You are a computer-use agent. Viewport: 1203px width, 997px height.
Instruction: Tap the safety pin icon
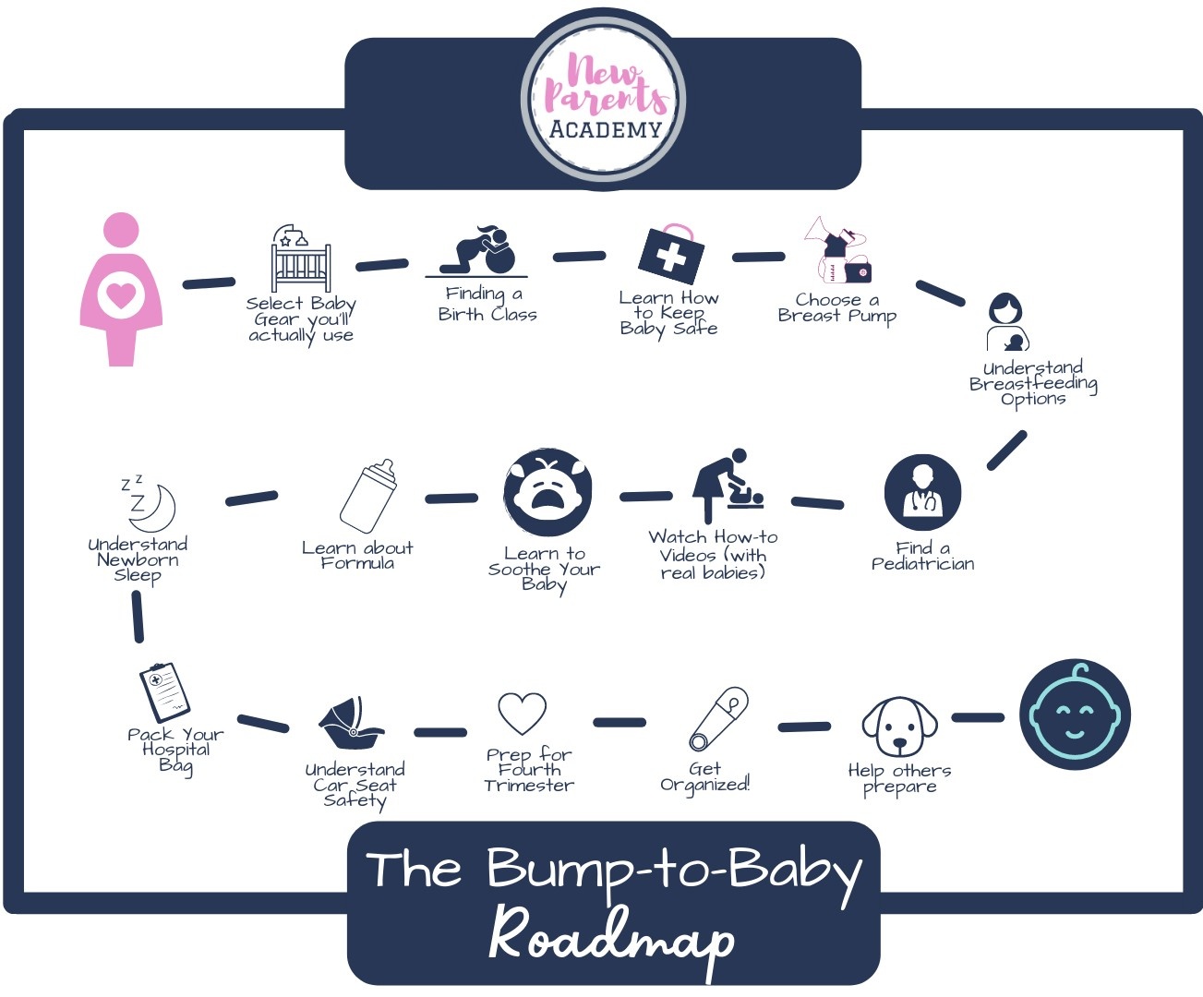tap(718, 719)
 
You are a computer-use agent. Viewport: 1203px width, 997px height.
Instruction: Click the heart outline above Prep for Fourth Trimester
tap(523, 714)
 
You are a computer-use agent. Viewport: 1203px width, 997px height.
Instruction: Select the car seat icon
tap(350, 726)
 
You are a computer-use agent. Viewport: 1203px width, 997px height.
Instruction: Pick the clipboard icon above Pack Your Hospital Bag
tap(164, 691)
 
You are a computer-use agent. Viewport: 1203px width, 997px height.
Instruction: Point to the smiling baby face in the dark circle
tap(1075, 715)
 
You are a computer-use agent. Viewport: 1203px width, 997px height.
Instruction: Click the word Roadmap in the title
tap(611, 937)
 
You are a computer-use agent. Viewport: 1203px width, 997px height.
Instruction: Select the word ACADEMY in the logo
tap(606, 130)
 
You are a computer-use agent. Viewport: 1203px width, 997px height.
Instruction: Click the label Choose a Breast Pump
tap(836, 308)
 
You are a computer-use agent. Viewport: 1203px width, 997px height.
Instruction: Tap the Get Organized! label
tap(704, 776)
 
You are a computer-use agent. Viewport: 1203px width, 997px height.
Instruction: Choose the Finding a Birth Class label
tap(487, 304)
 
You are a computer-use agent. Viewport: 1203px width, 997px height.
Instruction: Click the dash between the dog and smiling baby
tap(977, 717)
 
